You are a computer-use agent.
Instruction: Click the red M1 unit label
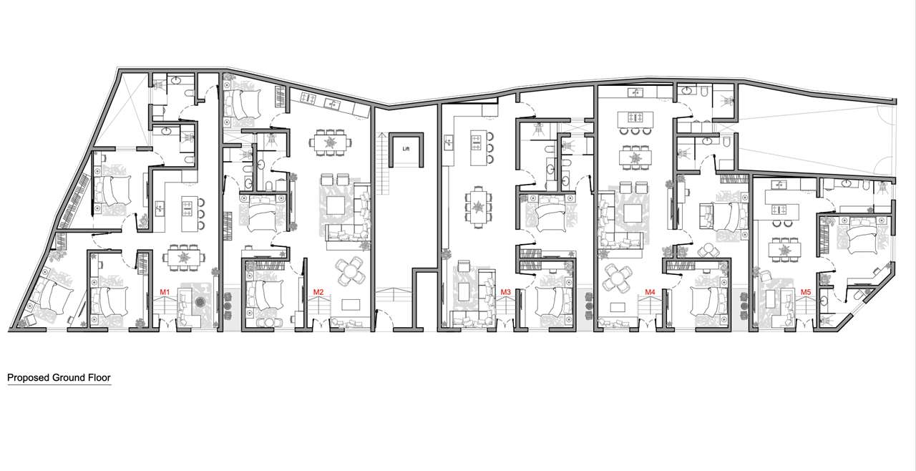pos(165,292)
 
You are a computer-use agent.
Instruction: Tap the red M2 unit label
pos(318,292)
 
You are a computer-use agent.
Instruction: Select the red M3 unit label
pos(506,292)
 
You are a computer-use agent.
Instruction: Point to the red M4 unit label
pos(651,292)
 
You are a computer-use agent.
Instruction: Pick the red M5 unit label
pos(806,292)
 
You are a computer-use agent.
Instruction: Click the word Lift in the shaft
pos(406,149)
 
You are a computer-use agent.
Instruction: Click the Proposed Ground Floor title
pos(59,377)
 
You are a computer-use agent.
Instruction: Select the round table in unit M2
pos(351,271)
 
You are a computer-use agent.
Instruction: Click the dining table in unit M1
pos(184,258)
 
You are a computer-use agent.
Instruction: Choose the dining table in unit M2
pos(330,142)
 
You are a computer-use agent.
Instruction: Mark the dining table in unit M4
pos(635,157)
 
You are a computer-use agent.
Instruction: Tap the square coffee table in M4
pos(632,213)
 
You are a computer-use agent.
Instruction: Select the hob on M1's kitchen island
pos(187,207)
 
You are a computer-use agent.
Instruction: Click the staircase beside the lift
pos(382,163)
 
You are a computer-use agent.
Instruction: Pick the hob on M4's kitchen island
pos(635,117)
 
